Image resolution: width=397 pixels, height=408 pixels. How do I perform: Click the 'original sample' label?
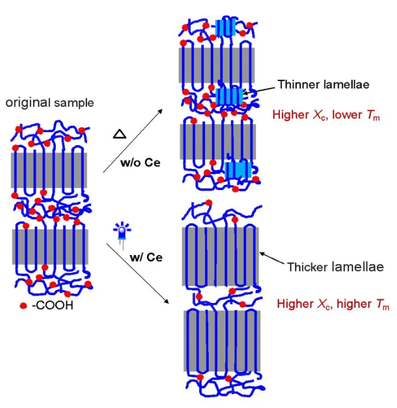click(x=50, y=103)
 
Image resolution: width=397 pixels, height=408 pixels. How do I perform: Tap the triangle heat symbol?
click(x=118, y=136)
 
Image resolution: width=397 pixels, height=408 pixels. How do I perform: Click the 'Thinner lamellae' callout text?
click(x=323, y=85)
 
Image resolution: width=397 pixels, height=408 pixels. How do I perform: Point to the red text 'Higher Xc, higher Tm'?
click(x=333, y=304)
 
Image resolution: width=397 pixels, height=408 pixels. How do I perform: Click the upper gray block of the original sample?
click(x=49, y=170)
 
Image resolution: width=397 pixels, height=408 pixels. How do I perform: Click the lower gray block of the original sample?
click(x=50, y=247)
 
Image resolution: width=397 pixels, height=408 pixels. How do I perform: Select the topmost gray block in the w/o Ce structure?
click(x=217, y=65)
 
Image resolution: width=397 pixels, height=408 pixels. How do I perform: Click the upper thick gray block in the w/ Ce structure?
click(x=221, y=254)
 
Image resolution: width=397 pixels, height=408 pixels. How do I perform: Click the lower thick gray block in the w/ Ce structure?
click(x=221, y=340)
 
